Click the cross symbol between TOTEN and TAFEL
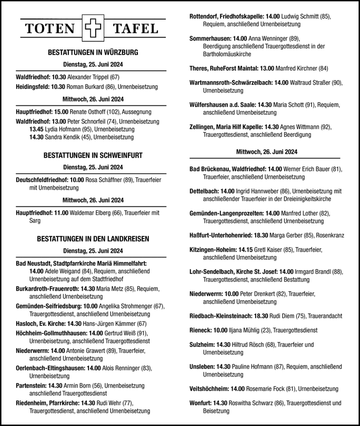(93, 29)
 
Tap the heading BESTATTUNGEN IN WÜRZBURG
(93, 53)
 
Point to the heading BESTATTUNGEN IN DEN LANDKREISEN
(93, 239)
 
